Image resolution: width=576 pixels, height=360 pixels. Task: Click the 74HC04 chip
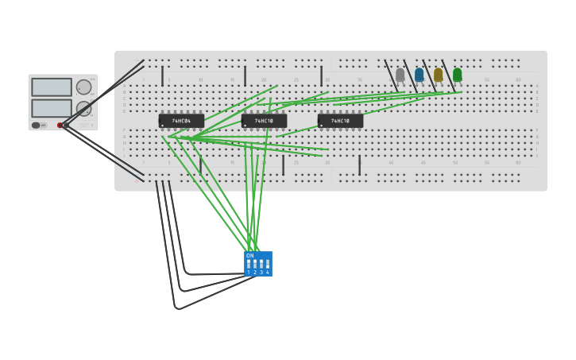click(x=181, y=121)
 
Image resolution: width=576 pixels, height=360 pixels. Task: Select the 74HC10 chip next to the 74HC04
click(x=264, y=121)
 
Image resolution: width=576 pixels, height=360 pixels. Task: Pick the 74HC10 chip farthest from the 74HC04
click(x=340, y=121)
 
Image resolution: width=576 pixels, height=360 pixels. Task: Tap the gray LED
click(x=400, y=74)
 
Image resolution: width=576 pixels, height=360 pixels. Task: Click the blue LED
click(x=419, y=74)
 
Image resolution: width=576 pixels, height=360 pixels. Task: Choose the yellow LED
click(x=438, y=74)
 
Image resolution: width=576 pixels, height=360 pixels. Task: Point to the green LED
click(x=457, y=74)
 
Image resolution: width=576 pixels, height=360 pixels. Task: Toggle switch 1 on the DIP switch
click(x=249, y=264)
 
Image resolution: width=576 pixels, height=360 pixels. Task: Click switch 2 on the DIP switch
click(x=255, y=264)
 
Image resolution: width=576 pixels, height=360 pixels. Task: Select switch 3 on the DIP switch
click(x=261, y=264)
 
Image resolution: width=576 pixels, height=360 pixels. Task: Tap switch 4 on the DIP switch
click(x=268, y=264)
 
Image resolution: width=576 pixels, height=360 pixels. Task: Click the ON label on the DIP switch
click(x=250, y=255)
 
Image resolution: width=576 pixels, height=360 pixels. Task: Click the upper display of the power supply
click(x=52, y=87)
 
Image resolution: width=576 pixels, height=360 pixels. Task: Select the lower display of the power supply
click(x=52, y=107)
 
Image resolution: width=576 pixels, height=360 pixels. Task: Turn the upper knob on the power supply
click(x=83, y=87)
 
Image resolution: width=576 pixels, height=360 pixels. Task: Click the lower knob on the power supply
click(x=83, y=108)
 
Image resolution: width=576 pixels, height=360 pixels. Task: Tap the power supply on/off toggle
click(x=37, y=125)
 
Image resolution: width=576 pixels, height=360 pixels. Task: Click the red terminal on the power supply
click(x=60, y=125)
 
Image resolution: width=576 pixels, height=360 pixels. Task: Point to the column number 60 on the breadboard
click(x=518, y=80)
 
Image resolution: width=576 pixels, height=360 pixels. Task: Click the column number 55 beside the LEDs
click(x=486, y=80)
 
